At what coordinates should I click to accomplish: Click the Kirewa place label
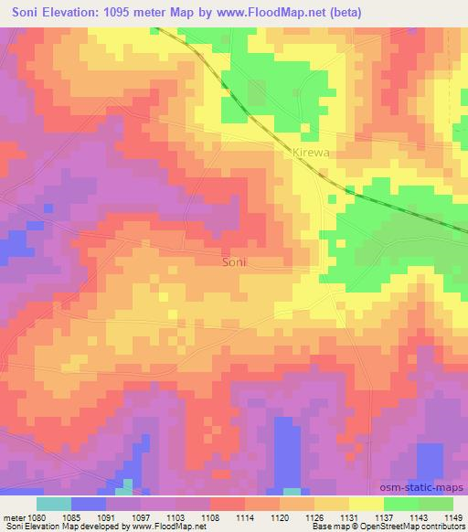tap(308, 154)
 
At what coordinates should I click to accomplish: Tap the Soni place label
tap(235, 261)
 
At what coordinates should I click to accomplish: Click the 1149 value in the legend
tap(453, 517)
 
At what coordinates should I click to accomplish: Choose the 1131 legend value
tap(349, 517)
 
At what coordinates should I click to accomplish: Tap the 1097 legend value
tap(141, 517)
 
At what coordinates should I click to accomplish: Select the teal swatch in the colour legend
tap(54, 504)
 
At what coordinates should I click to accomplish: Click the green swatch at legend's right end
tap(436, 504)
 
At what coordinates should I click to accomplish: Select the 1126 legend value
tap(314, 517)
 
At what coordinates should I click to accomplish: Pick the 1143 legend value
tap(419, 517)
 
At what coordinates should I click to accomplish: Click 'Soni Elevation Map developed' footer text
tap(55, 527)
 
